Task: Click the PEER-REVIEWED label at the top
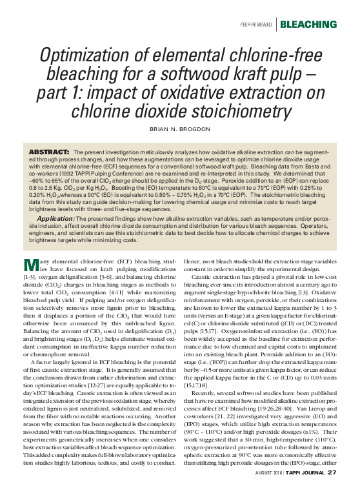(x=255, y=25)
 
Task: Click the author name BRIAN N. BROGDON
(x=180, y=130)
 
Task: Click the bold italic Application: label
(x=55, y=219)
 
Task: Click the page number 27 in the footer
(x=332, y=473)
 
